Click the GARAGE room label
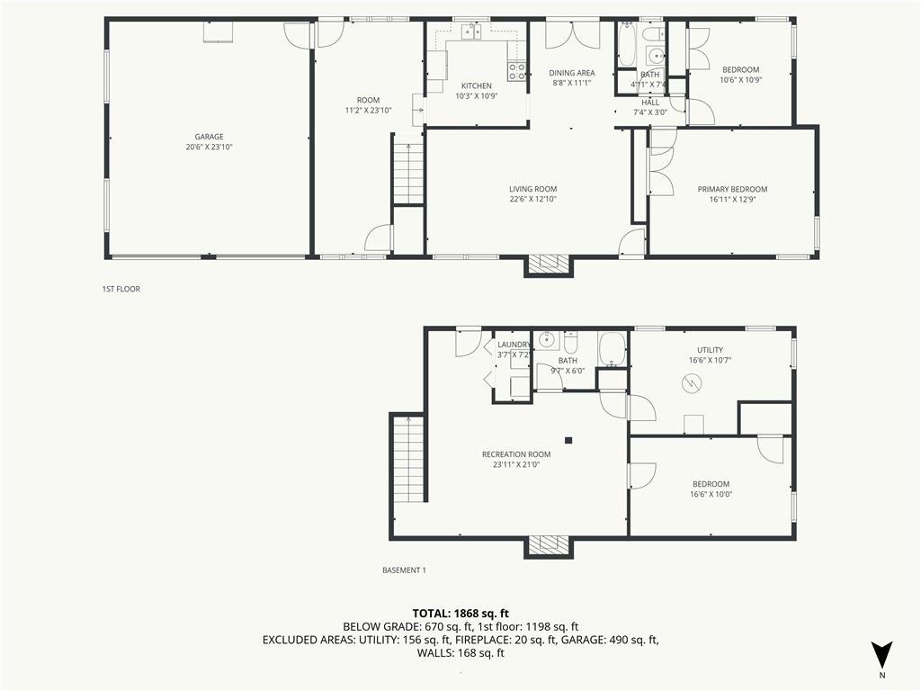(x=209, y=137)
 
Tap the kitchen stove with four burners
(x=516, y=72)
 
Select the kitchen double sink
(x=471, y=33)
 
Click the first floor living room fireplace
(x=549, y=264)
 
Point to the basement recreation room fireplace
(x=549, y=545)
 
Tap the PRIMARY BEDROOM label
(x=732, y=189)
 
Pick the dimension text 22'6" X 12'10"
(x=532, y=199)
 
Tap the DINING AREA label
(x=572, y=73)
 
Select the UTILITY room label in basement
(x=710, y=350)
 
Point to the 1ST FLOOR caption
(x=121, y=289)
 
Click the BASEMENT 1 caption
(x=404, y=570)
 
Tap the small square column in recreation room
(x=568, y=440)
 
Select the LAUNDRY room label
(x=514, y=345)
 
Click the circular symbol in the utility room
(x=691, y=384)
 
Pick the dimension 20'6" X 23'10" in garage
(x=209, y=147)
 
